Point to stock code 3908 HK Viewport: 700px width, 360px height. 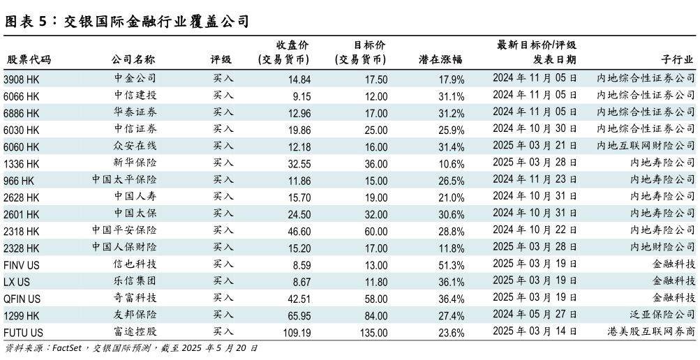click(x=22, y=79)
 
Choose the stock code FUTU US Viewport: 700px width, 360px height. click(x=23, y=333)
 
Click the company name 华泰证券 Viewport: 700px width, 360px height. click(x=135, y=112)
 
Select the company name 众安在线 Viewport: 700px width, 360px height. click(x=135, y=147)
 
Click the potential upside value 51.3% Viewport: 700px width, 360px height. click(x=451, y=265)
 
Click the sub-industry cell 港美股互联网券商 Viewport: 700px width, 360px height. click(x=651, y=333)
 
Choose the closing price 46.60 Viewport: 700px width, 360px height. click(x=299, y=231)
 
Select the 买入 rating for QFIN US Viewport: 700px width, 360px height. click(x=223, y=299)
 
